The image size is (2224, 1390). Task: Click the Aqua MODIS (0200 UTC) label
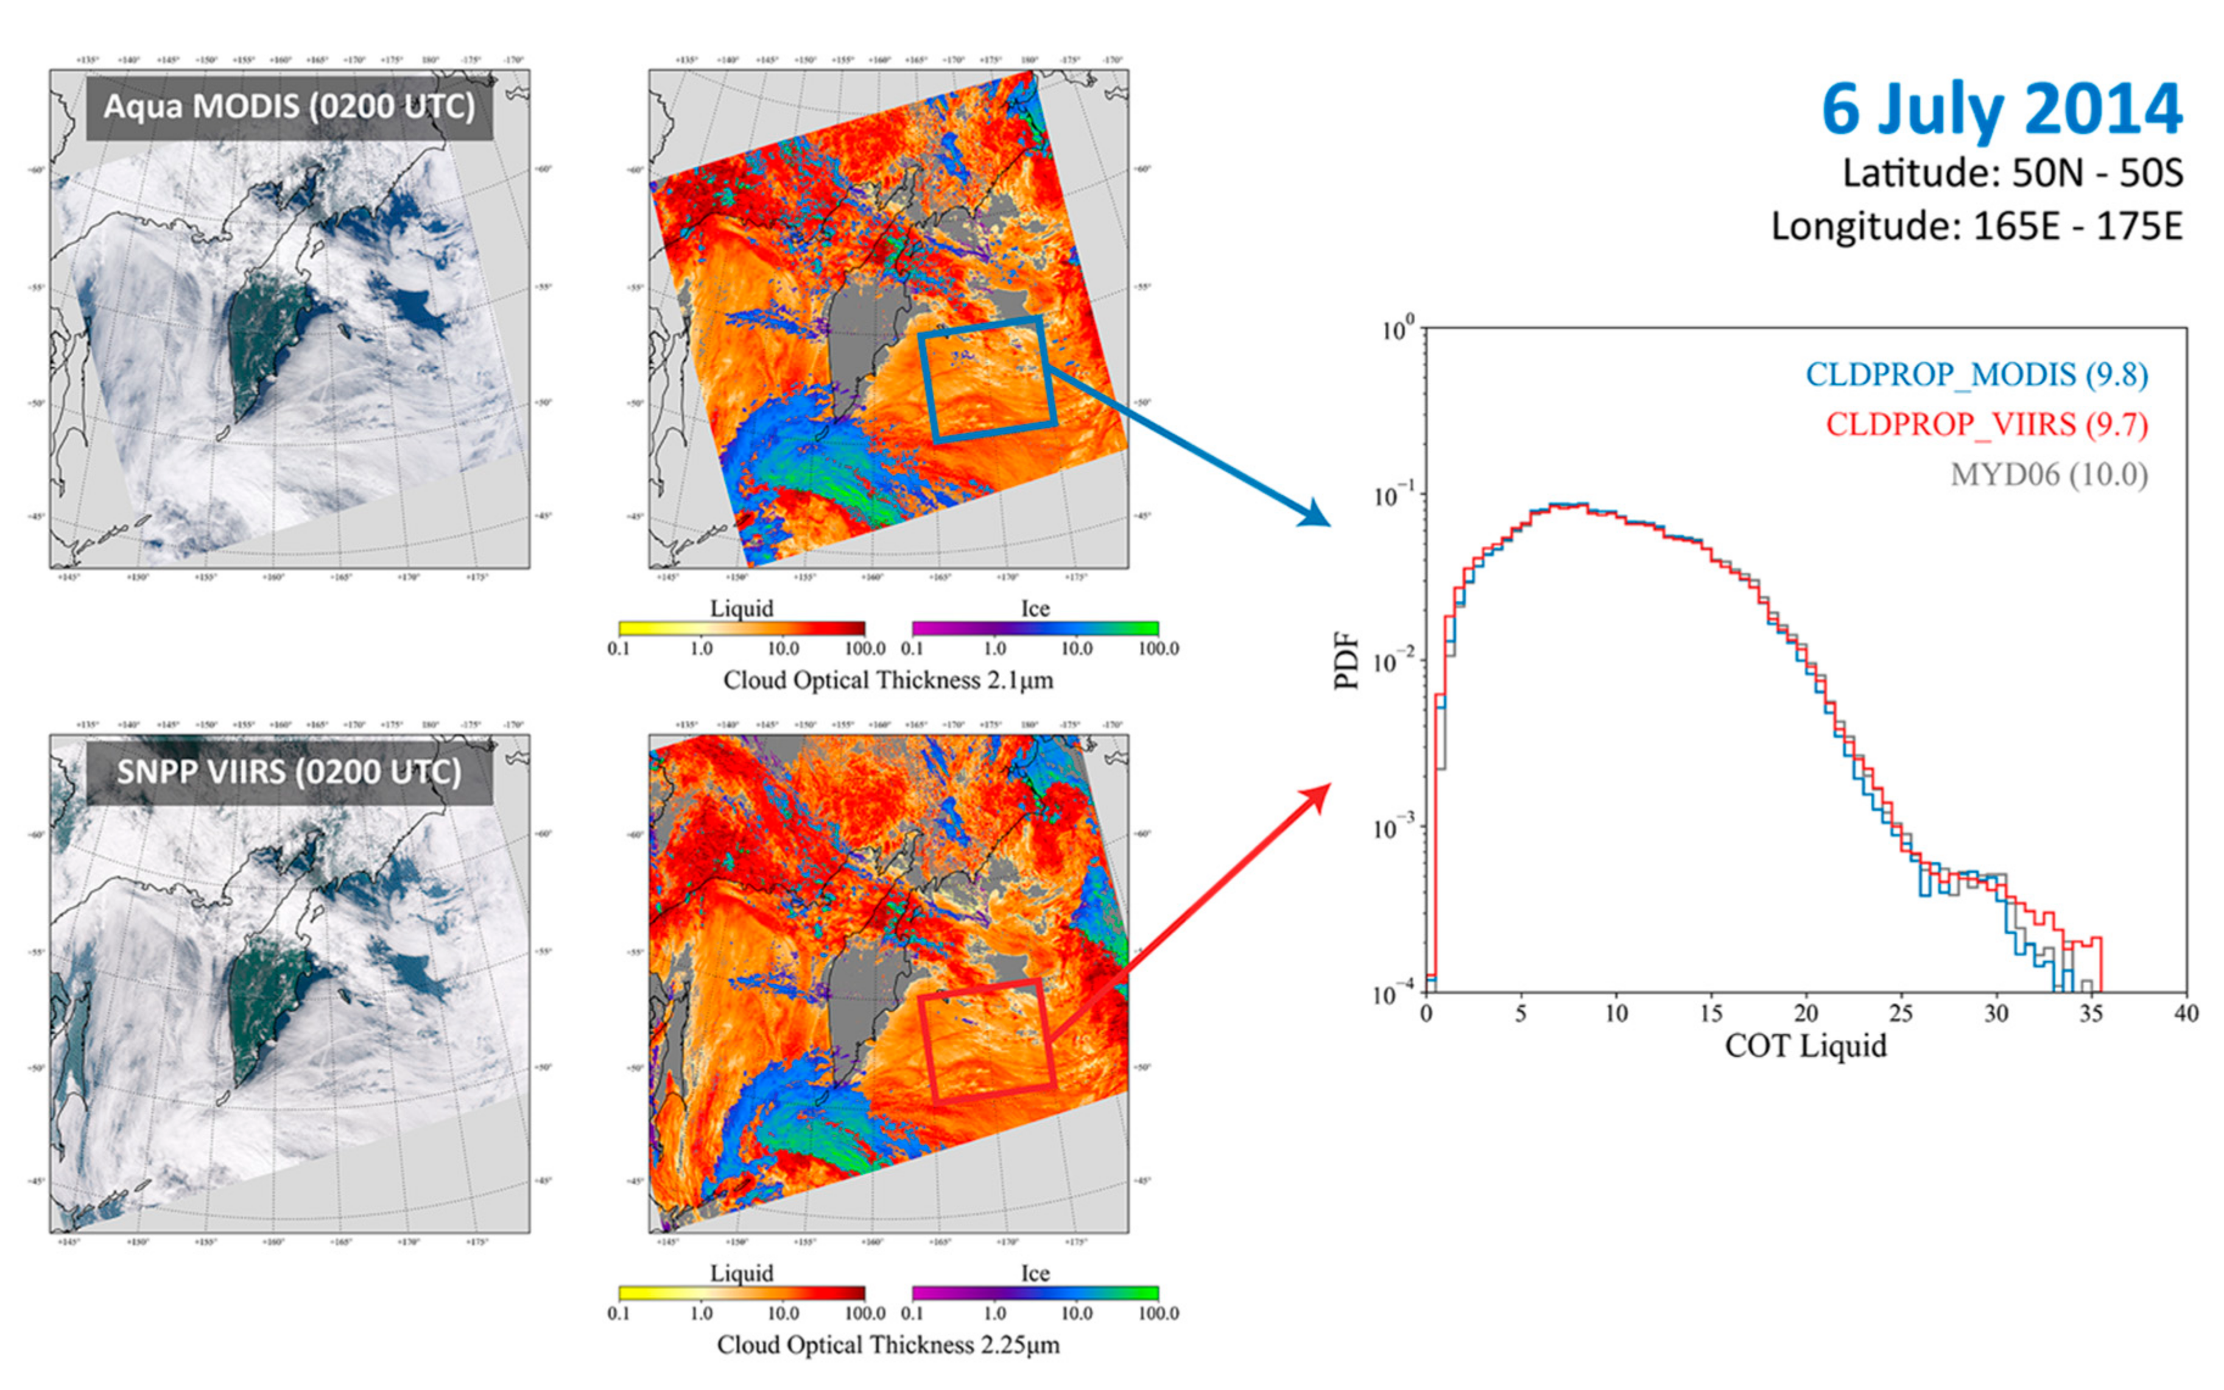[x=289, y=107]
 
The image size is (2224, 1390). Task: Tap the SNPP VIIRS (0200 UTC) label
[x=289, y=771]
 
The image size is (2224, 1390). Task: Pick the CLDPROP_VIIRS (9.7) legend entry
[x=1987, y=424]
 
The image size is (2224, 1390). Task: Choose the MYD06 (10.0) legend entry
[x=2049, y=475]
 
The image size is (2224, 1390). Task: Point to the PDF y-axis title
[x=1347, y=660]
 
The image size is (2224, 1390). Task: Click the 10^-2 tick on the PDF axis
[x=1396, y=661]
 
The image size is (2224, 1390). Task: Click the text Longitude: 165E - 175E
[x=1977, y=226]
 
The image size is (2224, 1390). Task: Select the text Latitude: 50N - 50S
[x=2013, y=173]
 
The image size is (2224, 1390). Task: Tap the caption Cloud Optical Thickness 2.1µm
[x=888, y=680]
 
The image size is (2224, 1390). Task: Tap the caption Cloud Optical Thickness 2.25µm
[x=888, y=1345]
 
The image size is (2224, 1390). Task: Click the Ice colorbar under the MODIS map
[x=1035, y=629]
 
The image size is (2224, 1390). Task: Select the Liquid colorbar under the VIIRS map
[x=742, y=1294]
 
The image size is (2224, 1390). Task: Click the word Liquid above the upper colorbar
[x=742, y=608]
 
